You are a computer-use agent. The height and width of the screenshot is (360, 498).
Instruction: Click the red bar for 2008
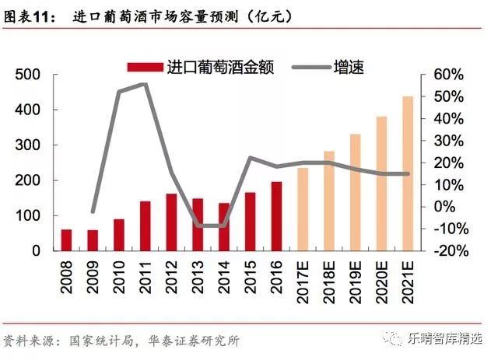tap(66, 240)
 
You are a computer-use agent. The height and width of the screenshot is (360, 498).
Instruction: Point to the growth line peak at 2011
tap(145, 84)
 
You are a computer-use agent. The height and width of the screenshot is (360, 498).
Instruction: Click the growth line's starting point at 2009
tap(93, 211)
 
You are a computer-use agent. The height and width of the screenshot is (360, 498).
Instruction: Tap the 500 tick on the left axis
tap(29, 75)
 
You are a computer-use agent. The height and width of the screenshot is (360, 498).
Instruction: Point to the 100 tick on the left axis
tap(29, 215)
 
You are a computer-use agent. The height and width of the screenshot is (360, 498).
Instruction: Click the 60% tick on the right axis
tap(448, 75)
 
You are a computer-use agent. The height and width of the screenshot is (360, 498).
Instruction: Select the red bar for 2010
tap(119, 235)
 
